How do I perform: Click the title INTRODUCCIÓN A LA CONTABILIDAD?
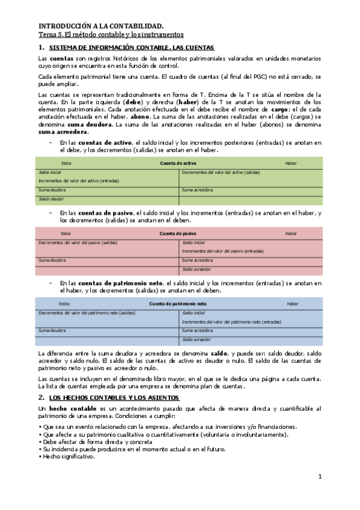coord(101,26)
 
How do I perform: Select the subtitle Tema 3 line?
coord(111,35)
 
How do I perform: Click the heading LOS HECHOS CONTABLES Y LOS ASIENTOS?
coord(114,398)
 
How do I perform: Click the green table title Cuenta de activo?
coord(178,164)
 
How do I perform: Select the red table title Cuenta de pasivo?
coord(178,233)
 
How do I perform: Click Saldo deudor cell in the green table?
coord(51,198)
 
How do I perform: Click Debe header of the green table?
coord(67,164)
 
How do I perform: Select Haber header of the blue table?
coord(293,304)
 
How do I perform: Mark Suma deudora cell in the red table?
coord(52,260)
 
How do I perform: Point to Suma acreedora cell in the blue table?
coord(198,330)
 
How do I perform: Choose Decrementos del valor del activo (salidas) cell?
coord(221,172)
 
